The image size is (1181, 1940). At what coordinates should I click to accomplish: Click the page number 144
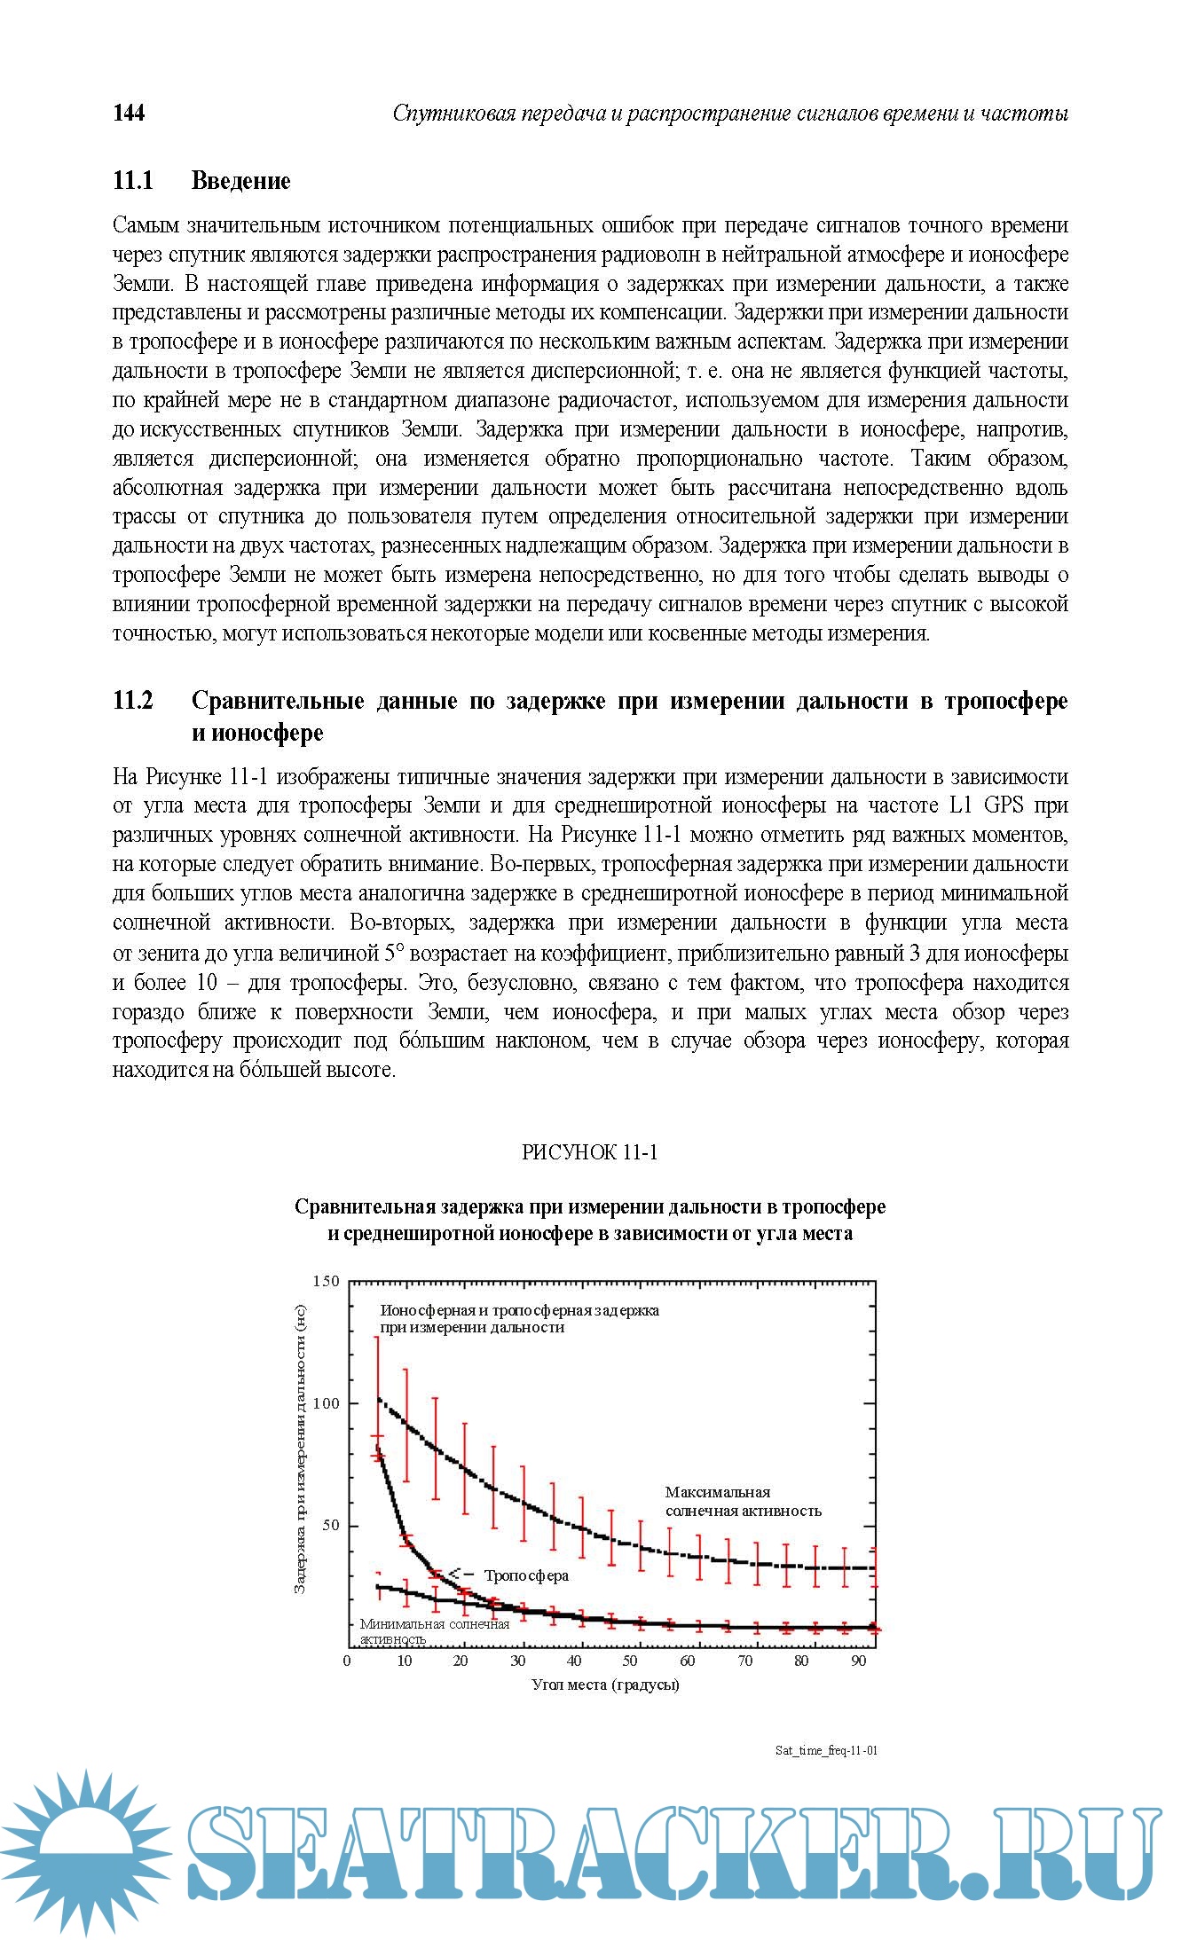pos(129,113)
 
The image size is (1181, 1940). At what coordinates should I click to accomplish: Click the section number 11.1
pos(133,181)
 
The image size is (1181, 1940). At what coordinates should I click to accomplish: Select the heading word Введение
pos(240,181)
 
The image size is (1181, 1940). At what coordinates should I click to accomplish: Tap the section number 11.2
pos(133,701)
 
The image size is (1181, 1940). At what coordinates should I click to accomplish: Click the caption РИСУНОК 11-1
pos(589,1152)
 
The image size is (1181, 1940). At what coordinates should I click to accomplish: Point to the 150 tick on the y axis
pos(327,1281)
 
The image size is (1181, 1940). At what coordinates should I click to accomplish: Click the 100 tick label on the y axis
pos(327,1403)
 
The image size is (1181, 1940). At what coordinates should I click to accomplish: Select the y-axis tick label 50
pos(331,1526)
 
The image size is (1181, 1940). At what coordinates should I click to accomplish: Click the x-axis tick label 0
pos(347,1661)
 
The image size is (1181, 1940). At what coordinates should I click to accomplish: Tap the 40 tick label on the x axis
pos(574,1661)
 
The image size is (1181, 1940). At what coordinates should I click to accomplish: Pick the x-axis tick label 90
pos(858,1661)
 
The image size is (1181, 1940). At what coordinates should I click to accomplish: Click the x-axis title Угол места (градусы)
pos(605,1684)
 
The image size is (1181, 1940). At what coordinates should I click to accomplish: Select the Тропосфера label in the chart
pos(526,1575)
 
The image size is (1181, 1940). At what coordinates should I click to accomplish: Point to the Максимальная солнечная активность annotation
pos(743,1501)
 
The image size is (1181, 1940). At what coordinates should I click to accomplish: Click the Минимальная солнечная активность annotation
pos(434,1630)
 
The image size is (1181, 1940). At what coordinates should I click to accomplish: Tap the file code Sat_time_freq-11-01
pos(826,1750)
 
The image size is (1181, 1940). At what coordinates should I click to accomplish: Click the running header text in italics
pos(729,114)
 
